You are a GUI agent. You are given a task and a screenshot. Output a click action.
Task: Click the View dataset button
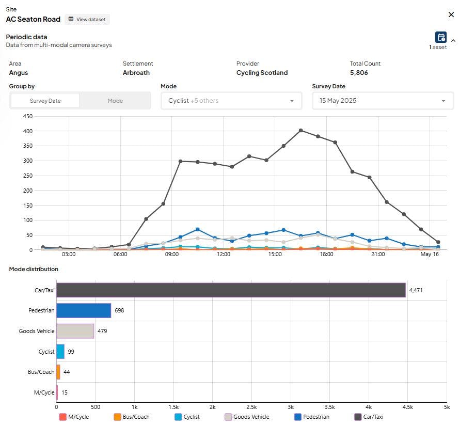coord(87,19)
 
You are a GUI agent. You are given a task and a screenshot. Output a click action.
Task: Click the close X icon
coord(451,14)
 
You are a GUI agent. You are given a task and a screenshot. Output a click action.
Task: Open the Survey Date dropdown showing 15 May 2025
coord(383,101)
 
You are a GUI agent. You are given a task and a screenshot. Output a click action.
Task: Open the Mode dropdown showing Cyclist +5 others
coord(231,101)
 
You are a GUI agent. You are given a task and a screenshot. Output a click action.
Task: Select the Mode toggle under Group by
coord(115,101)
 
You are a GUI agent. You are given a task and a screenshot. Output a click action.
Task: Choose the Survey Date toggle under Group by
coord(45,101)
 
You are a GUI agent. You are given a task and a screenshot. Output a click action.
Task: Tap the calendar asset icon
coord(440,38)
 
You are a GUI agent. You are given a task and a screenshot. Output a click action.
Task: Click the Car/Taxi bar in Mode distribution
coord(231,290)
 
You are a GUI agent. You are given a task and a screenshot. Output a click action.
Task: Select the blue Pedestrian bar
coord(84,310)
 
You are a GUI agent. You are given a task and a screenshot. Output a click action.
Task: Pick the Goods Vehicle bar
coord(75,331)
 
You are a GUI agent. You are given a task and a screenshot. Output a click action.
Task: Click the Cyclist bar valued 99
coord(60,352)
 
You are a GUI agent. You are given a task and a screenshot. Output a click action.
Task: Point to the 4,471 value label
coord(416,290)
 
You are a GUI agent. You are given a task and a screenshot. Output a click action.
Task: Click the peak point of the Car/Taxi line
coord(300,131)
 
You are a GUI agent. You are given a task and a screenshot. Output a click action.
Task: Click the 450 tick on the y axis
coord(28,116)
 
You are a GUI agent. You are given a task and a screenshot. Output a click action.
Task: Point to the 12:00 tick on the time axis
coord(224,254)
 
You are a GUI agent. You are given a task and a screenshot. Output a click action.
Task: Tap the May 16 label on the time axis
coord(430,254)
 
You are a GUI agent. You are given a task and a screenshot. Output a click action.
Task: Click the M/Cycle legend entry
coord(74,417)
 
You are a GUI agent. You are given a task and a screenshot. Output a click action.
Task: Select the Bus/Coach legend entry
coord(132,417)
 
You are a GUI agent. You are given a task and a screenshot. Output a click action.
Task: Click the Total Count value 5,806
coord(359,73)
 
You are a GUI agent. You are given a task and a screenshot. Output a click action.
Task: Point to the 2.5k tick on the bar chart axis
coord(251,407)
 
